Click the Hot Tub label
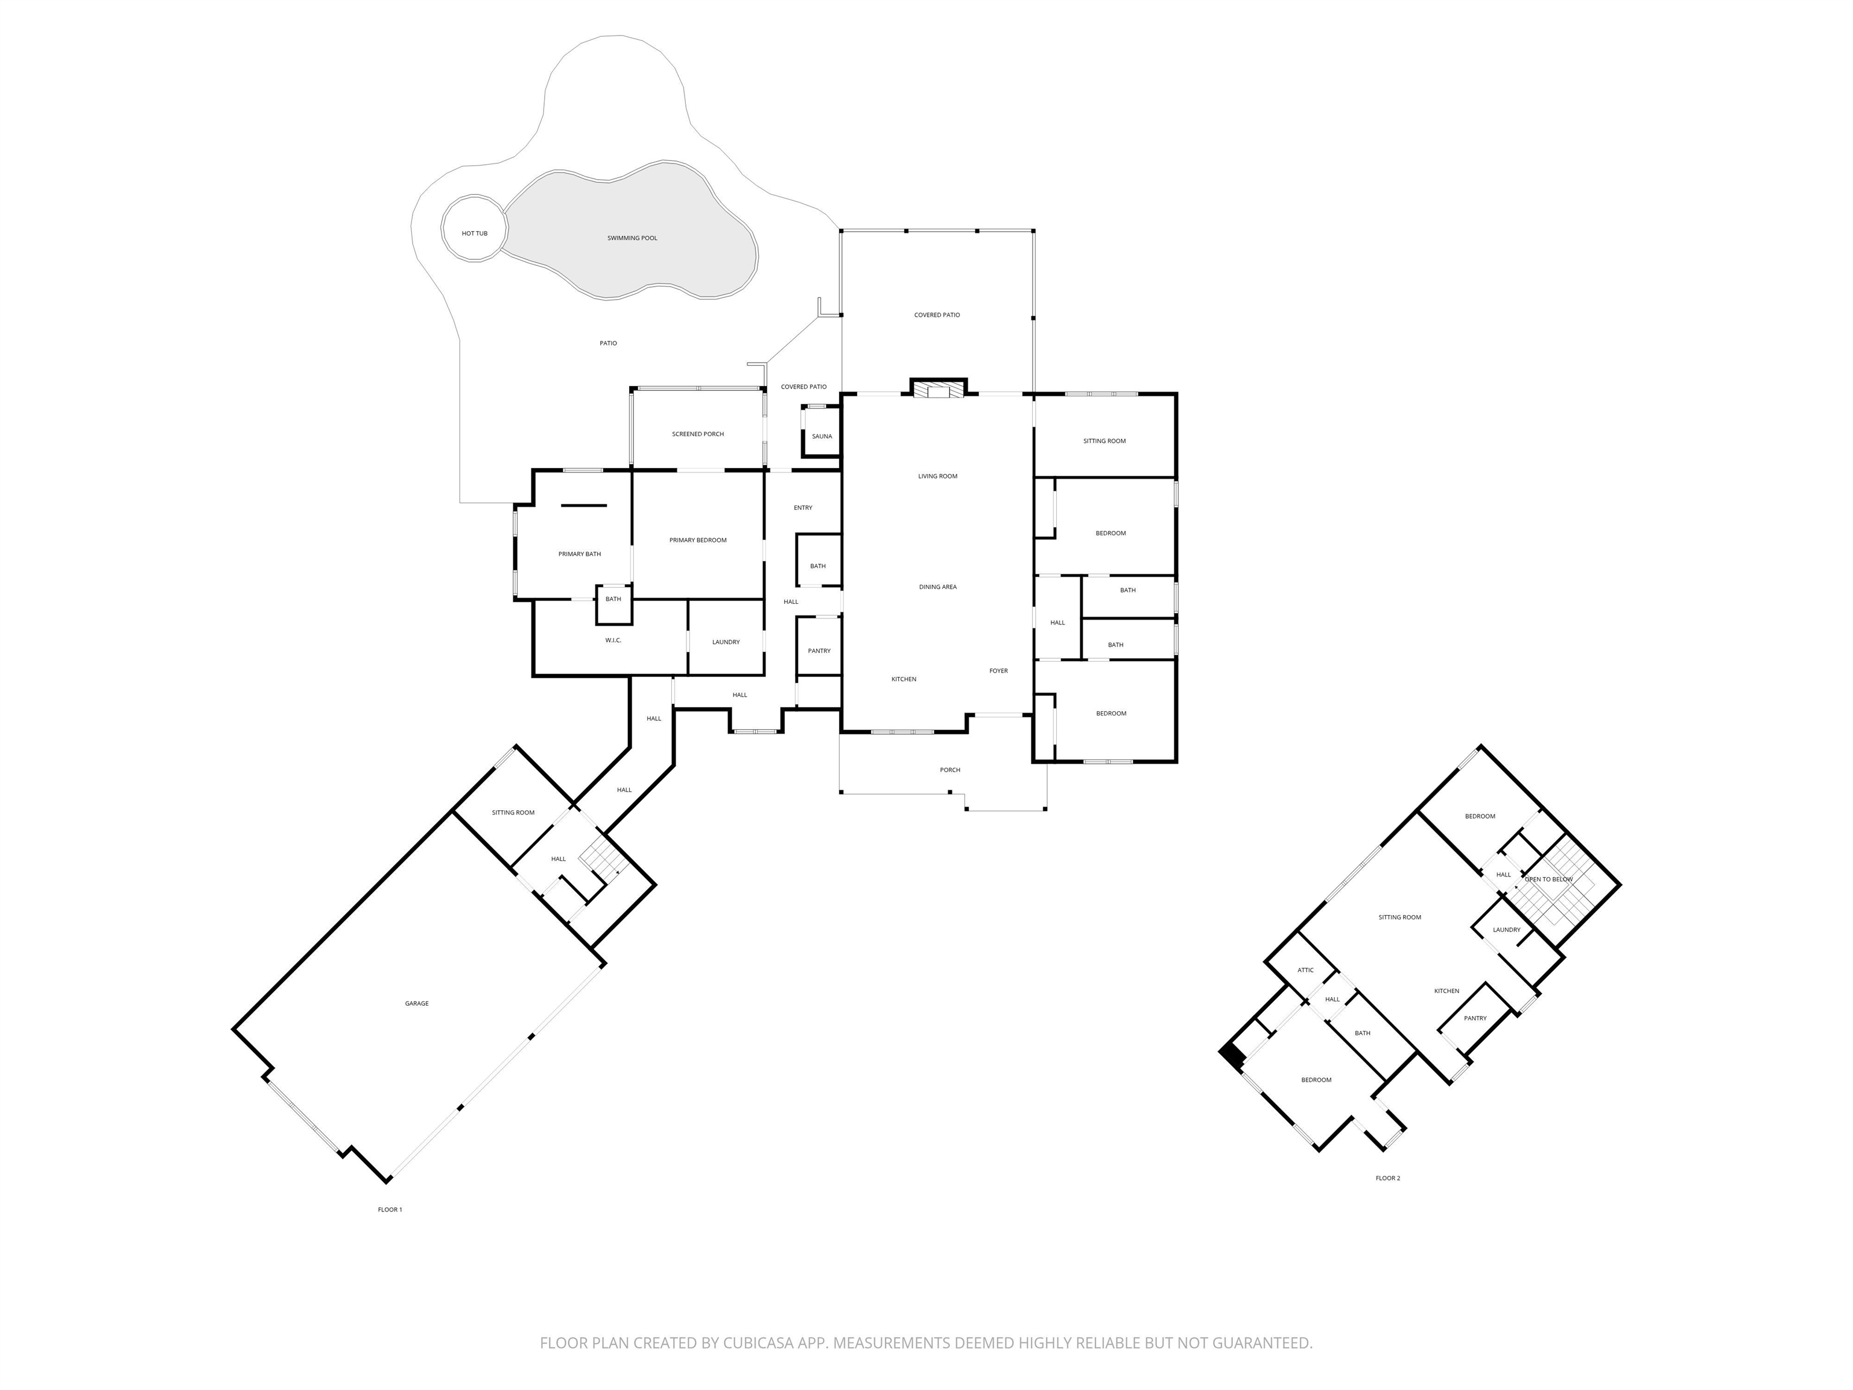click(x=474, y=233)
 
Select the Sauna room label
click(x=822, y=437)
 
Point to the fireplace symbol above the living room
click(x=938, y=390)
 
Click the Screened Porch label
click(x=698, y=434)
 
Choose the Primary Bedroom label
click(x=698, y=541)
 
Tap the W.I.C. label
click(x=613, y=641)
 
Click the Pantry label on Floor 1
click(x=819, y=651)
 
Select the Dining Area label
click(x=937, y=588)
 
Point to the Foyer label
click(x=998, y=671)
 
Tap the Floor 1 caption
click(x=390, y=1210)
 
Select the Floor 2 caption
click(x=1387, y=1178)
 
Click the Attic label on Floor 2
click(x=1305, y=970)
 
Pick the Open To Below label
click(x=1549, y=880)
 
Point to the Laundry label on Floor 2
click(x=1506, y=930)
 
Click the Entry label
click(x=802, y=508)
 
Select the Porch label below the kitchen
click(x=950, y=770)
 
